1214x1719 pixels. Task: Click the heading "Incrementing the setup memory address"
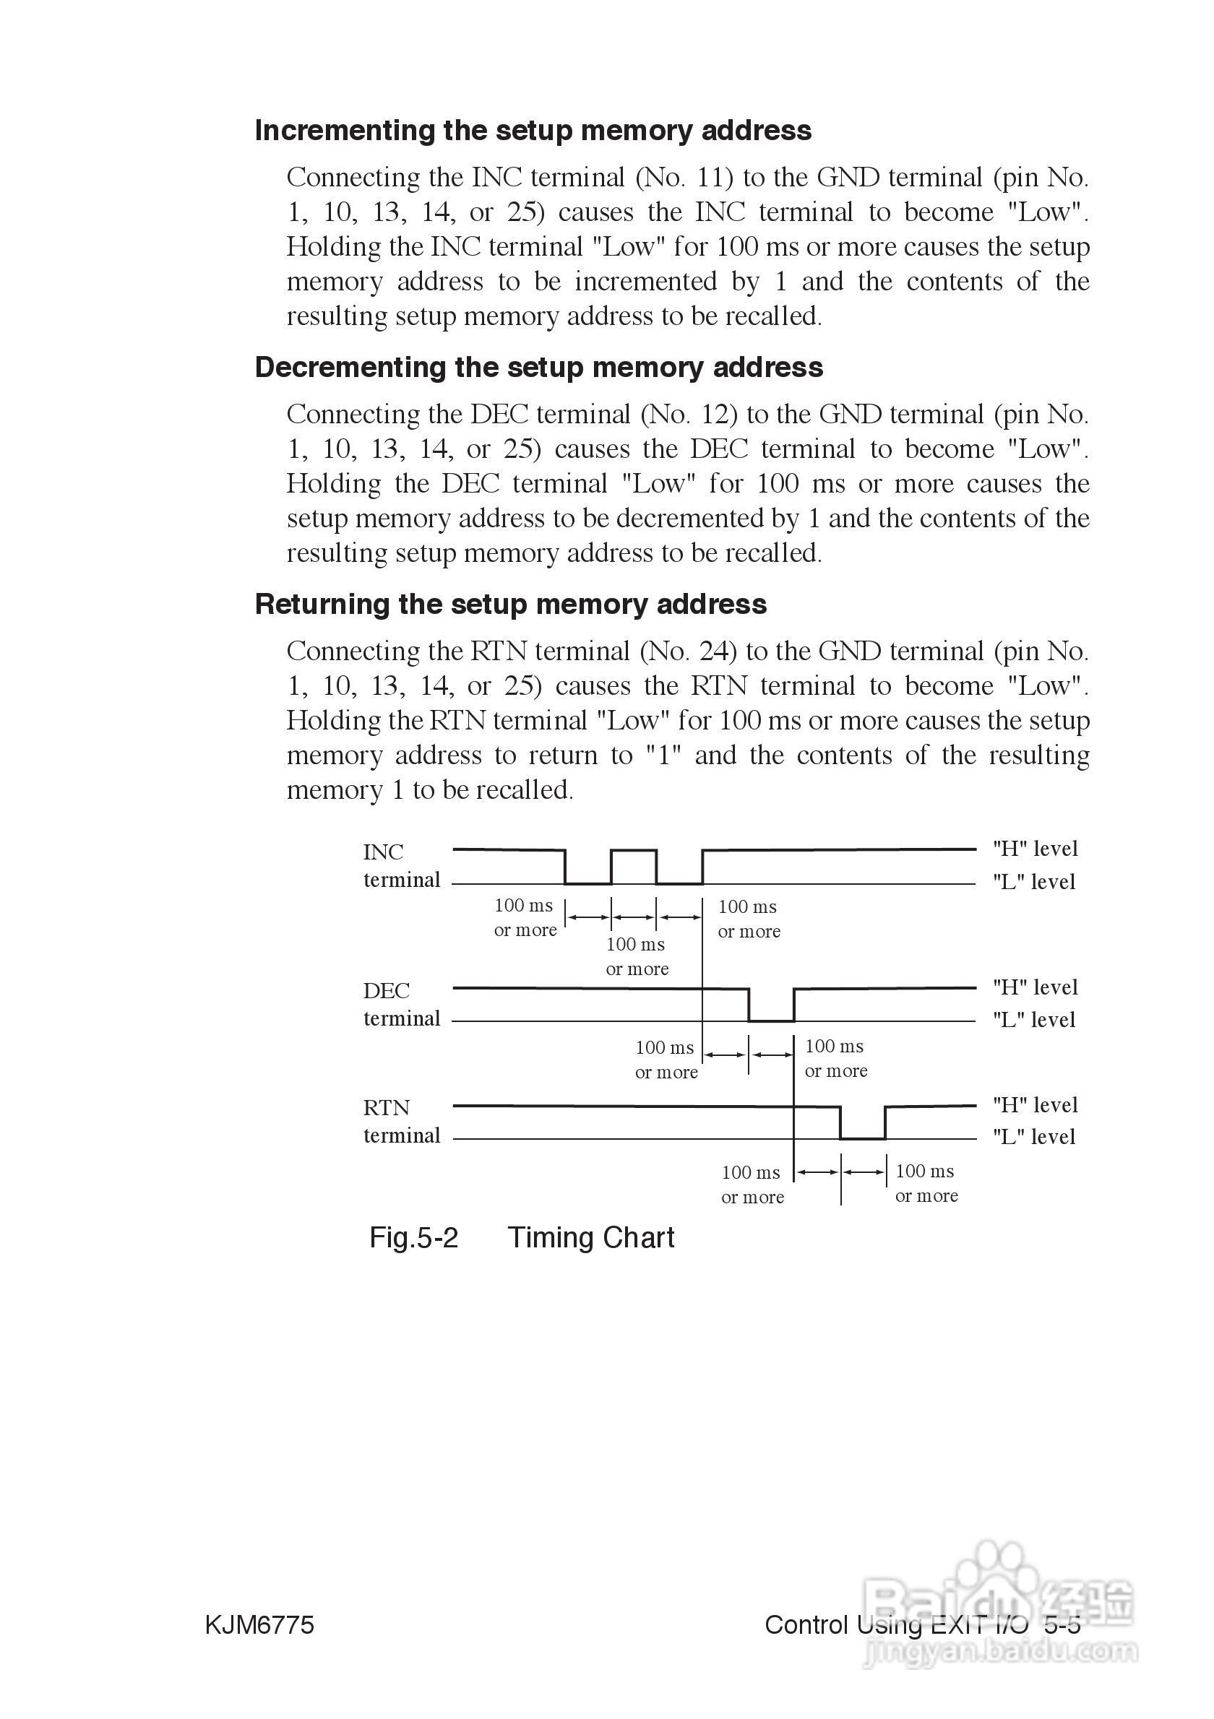click(533, 130)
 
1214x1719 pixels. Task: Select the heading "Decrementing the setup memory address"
click(538, 368)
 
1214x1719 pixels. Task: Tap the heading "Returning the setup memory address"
click(510, 605)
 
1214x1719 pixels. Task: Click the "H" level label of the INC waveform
click(1035, 848)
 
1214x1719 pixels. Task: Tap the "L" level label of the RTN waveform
click(1033, 1137)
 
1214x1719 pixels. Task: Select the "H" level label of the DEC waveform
click(1035, 987)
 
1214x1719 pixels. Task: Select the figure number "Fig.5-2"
click(413, 1237)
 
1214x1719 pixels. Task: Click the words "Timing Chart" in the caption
click(591, 1237)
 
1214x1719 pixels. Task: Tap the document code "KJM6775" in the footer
click(259, 1624)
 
